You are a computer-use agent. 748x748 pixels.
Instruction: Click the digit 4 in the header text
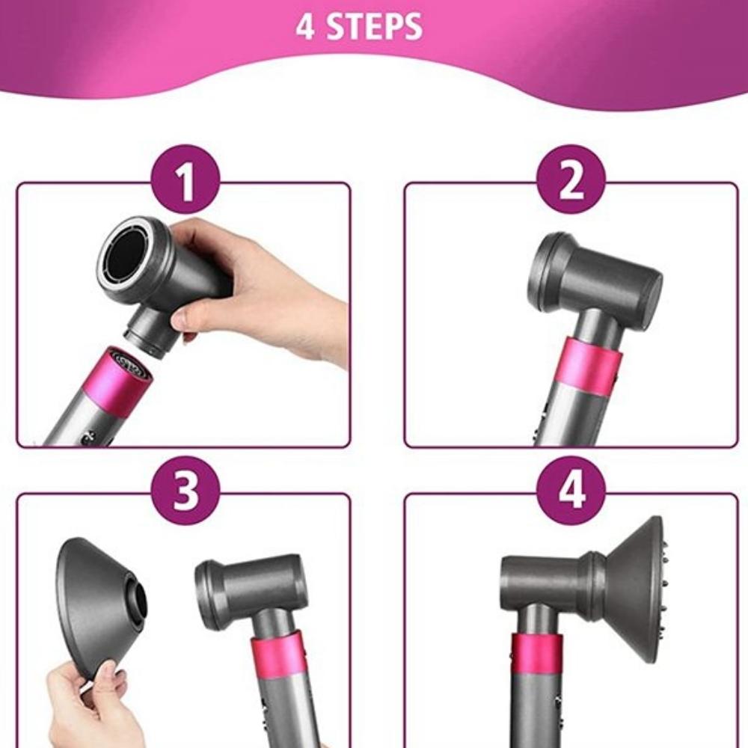tap(304, 26)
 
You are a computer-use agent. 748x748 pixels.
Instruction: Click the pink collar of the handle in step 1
tap(120, 378)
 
